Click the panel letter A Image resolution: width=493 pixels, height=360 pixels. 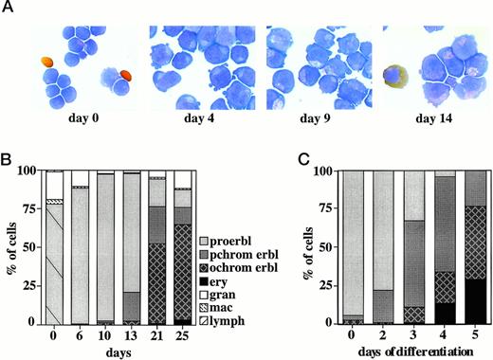coord(9,9)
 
